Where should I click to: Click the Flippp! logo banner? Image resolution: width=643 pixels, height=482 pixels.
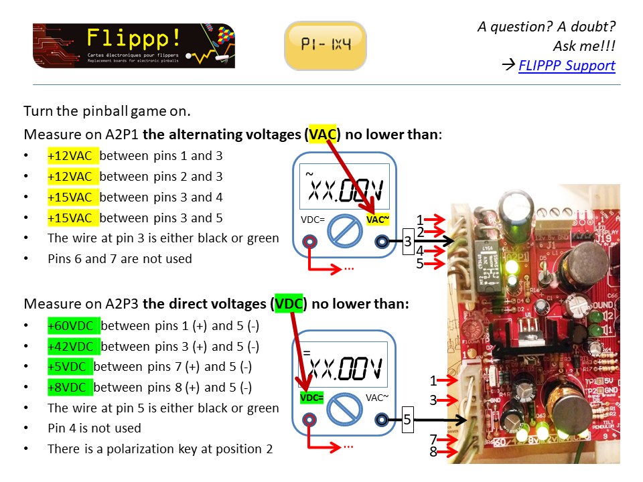click(x=134, y=46)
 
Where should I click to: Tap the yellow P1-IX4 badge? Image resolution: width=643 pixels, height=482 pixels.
click(x=326, y=46)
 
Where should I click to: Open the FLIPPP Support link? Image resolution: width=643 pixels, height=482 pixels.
click(x=567, y=66)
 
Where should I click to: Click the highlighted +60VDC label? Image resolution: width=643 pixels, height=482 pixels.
click(x=73, y=326)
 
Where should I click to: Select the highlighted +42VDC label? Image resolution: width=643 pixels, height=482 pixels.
click(x=73, y=347)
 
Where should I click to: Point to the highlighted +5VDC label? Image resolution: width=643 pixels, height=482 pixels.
click(x=70, y=367)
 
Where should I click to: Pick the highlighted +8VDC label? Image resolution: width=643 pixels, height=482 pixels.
click(x=70, y=388)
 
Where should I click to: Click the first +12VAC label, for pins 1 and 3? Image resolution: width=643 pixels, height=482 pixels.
click(x=73, y=156)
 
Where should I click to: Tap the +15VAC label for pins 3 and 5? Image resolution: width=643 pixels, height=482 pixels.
click(x=73, y=218)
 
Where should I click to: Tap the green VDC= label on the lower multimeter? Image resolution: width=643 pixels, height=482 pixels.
click(x=311, y=398)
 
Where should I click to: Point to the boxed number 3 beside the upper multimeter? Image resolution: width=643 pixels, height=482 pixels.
click(x=407, y=242)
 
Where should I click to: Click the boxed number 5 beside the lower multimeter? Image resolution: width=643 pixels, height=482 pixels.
click(x=407, y=420)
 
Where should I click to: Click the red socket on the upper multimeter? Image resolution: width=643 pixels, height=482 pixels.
click(x=309, y=242)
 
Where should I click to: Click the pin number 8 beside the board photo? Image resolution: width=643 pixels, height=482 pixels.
click(x=433, y=452)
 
